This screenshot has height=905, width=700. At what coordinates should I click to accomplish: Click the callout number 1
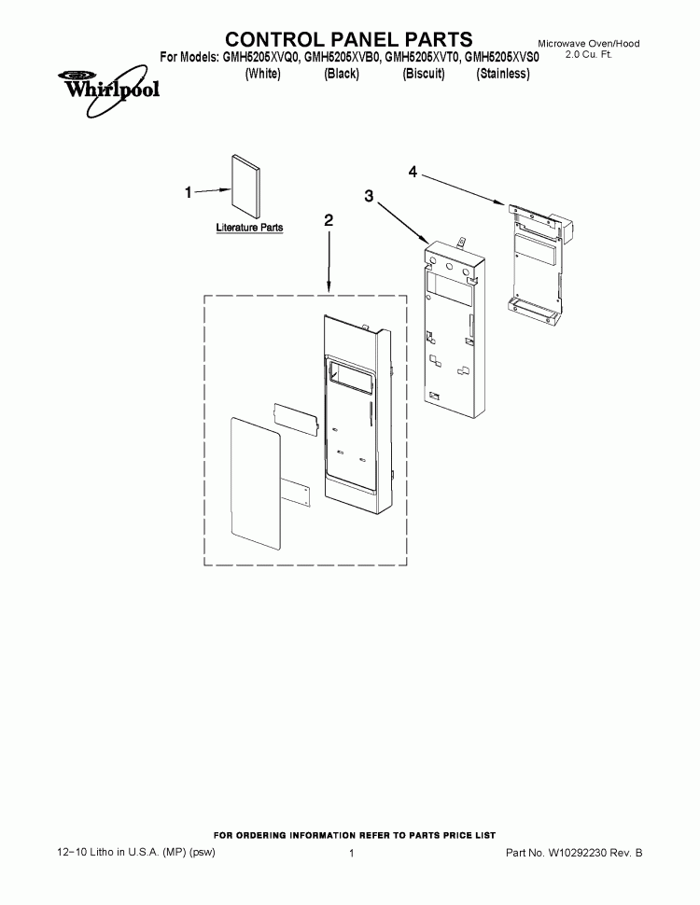click(x=189, y=192)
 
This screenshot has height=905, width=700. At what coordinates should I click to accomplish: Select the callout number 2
click(x=328, y=220)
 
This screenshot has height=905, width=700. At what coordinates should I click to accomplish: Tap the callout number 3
click(x=370, y=196)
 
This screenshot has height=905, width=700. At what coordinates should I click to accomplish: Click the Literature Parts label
click(x=249, y=228)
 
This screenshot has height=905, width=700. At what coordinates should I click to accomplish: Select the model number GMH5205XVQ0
click(x=262, y=58)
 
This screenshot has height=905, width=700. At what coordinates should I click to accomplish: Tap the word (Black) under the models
click(x=342, y=74)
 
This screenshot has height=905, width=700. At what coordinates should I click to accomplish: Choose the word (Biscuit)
click(x=423, y=74)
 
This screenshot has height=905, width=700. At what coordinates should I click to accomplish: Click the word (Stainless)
click(x=502, y=74)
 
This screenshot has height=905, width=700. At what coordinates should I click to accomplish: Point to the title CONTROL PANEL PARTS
click(x=349, y=39)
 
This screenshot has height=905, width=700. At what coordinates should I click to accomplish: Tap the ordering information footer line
click(x=355, y=835)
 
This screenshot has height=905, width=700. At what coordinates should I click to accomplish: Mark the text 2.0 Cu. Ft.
click(x=589, y=57)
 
